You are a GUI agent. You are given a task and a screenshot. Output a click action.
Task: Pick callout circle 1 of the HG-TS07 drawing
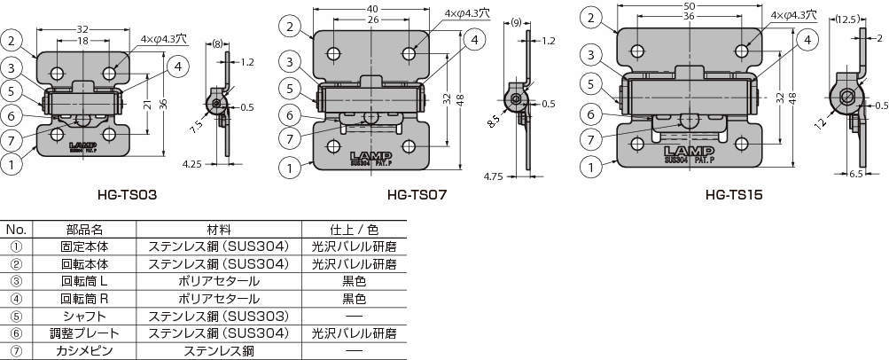290,165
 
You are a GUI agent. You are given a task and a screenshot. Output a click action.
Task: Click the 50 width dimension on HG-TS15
689,6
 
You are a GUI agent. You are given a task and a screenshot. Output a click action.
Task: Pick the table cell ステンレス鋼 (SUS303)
218,316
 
